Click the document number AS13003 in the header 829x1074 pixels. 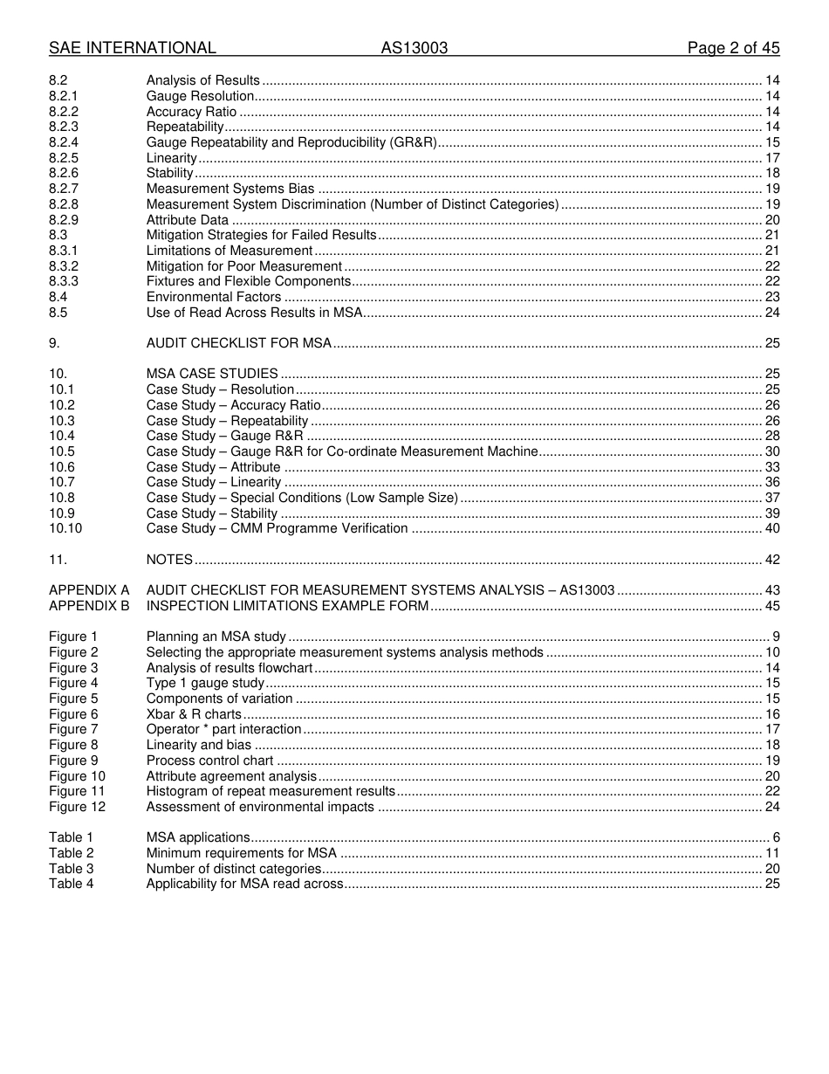(414, 48)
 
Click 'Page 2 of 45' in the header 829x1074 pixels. (733, 48)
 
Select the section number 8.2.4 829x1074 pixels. (64, 142)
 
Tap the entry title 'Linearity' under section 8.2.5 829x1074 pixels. (172, 158)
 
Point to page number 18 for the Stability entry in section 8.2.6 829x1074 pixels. (772, 173)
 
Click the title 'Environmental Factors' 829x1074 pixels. (214, 297)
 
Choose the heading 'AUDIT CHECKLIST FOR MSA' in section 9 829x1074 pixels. (239, 343)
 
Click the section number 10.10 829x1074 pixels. (65, 528)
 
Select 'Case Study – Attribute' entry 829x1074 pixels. (214, 467)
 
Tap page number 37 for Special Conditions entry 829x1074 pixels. (772, 498)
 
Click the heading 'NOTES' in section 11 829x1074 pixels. (169, 560)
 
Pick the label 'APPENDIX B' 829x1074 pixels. (89, 606)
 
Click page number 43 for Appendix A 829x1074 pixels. (772, 590)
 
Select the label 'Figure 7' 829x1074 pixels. (73, 729)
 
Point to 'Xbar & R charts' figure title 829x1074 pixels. (194, 714)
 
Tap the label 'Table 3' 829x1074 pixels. (71, 869)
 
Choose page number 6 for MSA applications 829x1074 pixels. (776, 837)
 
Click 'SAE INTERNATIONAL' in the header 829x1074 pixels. (133, 48)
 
